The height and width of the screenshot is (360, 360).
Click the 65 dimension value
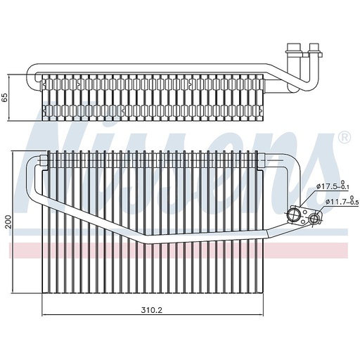pos(5,98)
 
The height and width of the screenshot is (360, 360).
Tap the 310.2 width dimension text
pos(152,310)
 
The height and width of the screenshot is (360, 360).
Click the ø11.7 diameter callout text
pos(335,201)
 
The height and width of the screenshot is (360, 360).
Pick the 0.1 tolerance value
pos(345,188)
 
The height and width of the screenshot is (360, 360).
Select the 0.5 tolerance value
pos(354,202)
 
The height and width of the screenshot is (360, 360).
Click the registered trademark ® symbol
pos(345,137)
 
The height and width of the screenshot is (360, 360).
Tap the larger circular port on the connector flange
pos(293,213)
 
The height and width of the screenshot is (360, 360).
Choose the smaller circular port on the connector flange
pos(314,219)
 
